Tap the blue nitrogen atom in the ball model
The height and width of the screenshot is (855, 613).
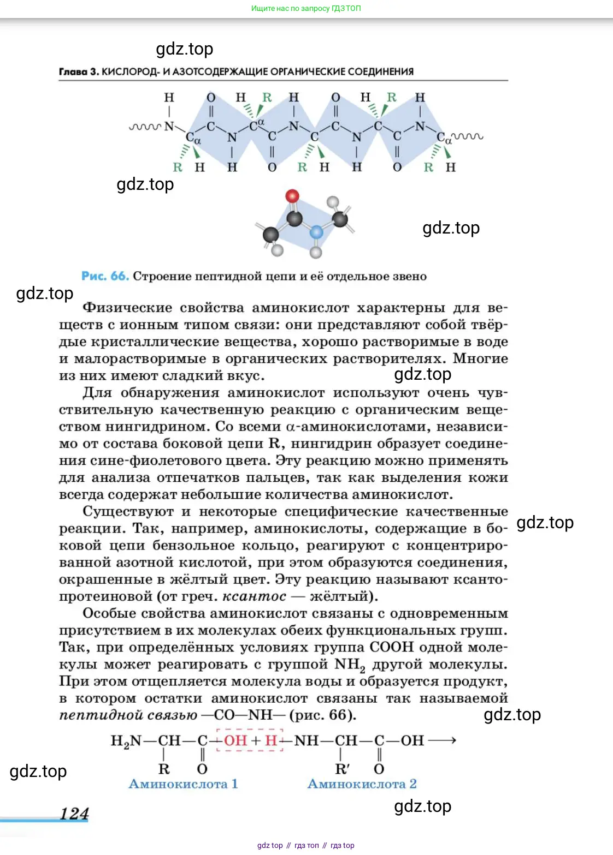(316, 233)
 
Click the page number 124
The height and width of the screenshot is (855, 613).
(74, 814)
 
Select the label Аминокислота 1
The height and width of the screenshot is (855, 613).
(183, 784)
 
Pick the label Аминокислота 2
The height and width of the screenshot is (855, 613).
(362, 784)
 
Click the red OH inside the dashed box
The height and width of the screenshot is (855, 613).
(235, 740)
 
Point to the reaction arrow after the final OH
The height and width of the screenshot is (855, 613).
(442, 740)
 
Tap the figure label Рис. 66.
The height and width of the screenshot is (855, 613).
(105, 276)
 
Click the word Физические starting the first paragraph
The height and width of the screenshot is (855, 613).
(127, 308)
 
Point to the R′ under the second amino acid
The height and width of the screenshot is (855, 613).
(342, 769)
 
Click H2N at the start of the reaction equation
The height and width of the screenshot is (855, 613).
(126, 741)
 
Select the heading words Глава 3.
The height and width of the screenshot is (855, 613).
(79, 71)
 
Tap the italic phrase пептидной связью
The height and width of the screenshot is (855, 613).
(128, 715)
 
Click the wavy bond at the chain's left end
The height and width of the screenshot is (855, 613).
(145, 127)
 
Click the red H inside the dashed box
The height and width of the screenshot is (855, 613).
(271, 740)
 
